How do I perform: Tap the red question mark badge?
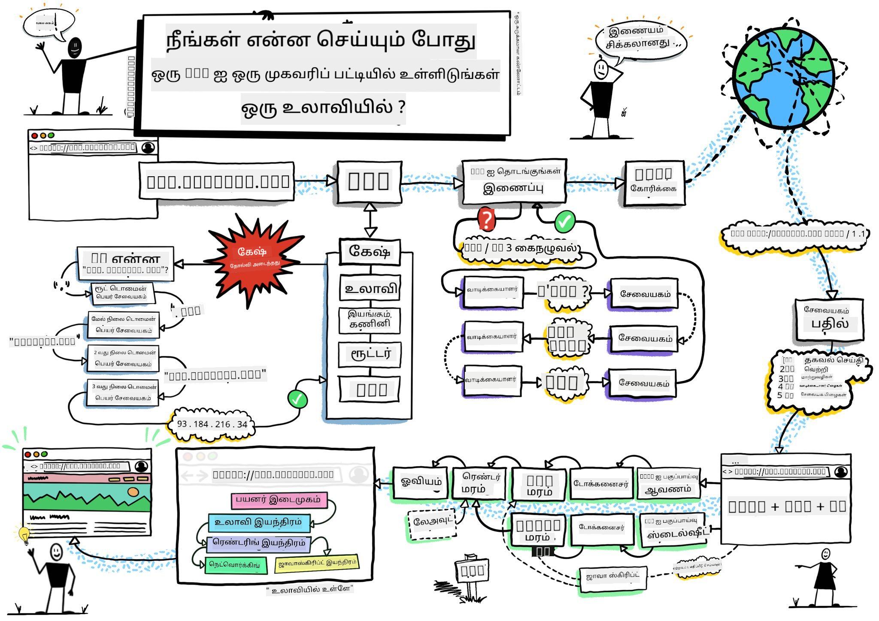pyautogui.click(x=486, y=220)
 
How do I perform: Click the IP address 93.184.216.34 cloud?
pyautogui.click(x=212, y=424)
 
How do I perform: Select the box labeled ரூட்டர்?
pyautogui.click(x=370, y=354)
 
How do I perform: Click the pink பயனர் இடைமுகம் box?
pyautogui.click(x=279, y=500)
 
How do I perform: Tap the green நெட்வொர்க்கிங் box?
pyautogui.click(x=235, y=565)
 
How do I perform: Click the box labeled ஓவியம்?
pyautogui.click(x=421, y=482)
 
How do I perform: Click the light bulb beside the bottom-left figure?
pyautogui.click(x=24, y=534)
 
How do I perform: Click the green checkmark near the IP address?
pyautogui.click(x=298, y=399)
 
